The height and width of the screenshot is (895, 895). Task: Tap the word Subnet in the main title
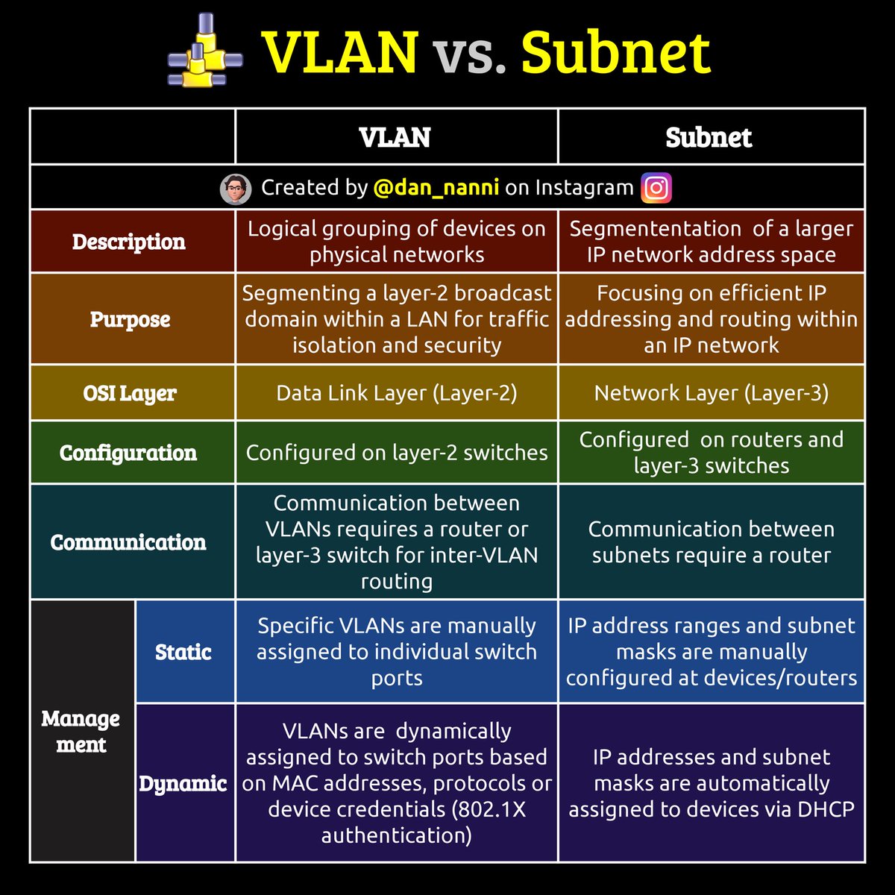tap(615, 52)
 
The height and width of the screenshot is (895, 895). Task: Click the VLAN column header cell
tap(395, 137)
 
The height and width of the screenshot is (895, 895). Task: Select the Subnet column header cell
tap(709, 137)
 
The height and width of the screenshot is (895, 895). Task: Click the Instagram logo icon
tap(656, 188)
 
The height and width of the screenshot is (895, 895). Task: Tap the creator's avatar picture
tap(236, 189)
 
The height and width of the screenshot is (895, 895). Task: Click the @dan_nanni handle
tap(436, 188)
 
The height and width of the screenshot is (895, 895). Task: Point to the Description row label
tap(129, 242)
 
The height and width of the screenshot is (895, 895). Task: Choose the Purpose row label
tap(131, 319)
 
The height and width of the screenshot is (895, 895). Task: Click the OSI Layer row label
tap(130, 393)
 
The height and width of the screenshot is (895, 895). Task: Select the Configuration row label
tap(128, 453)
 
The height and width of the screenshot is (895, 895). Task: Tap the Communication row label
tap(128, 542)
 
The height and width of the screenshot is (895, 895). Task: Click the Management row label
tap(81, 732)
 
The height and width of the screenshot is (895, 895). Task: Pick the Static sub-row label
tap(183, 652)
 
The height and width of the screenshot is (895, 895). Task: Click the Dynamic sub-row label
tap(183, 783)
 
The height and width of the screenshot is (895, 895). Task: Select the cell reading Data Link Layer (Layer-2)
tap(396, 393)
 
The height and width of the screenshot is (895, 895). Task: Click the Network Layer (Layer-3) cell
tap(711, 393)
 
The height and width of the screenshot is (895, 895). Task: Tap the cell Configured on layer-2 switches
tap(396, 453)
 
